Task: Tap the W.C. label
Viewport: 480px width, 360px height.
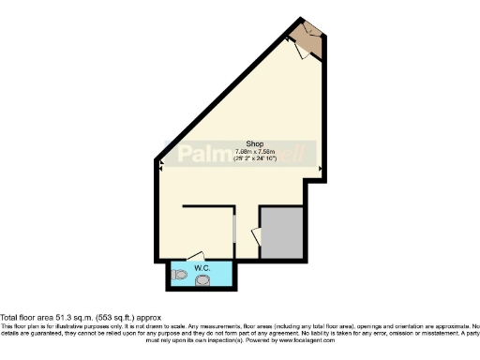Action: (x=202, y=268)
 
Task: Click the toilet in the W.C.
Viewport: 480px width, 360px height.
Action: (x=180, y=276)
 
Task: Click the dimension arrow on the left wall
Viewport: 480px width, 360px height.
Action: (x=162, y=165)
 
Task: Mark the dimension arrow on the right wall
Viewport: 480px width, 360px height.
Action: (x=321, y=169)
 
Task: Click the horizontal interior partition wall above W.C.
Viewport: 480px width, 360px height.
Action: (x=206, y=205)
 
